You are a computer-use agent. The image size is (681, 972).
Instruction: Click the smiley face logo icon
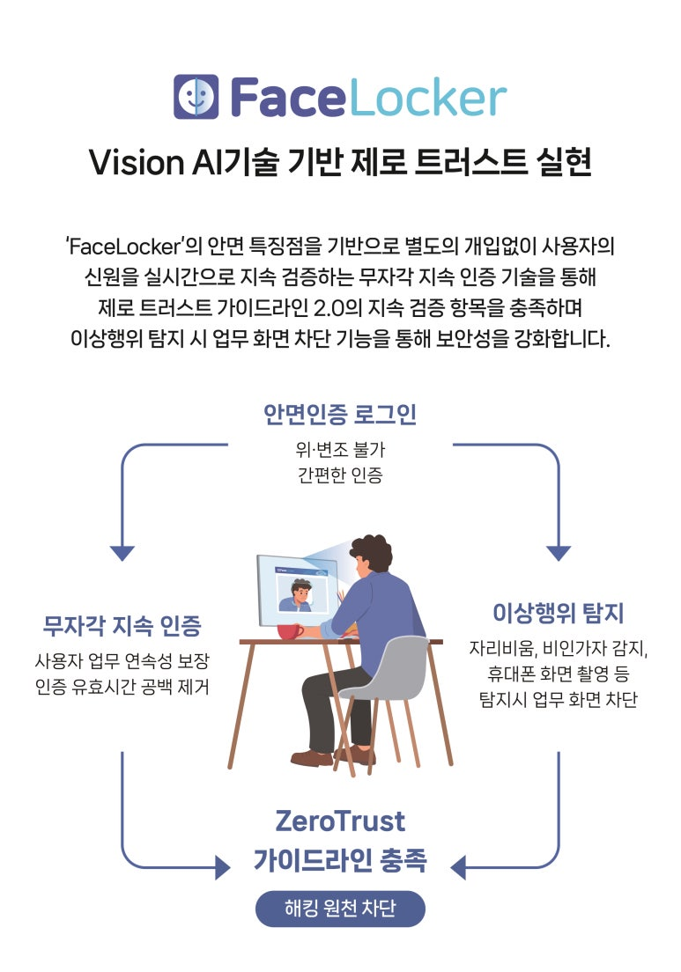[196, 96]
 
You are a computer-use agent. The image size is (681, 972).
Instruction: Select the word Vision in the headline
[137, 162]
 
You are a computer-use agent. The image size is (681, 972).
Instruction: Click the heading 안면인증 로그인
[340, 414]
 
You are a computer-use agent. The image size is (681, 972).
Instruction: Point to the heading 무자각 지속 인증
[122, 625]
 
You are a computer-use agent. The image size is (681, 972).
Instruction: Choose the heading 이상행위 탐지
[559, 613]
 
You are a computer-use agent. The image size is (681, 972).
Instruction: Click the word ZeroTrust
[340, 821]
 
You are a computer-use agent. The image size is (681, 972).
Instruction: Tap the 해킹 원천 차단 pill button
[340, 909]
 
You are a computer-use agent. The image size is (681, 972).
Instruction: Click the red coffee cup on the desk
[290, 631]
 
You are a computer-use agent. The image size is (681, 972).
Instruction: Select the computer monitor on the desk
[298, 590]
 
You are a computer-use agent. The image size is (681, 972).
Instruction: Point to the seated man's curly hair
[372, 551]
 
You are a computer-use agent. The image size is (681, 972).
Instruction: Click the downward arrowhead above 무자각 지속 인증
[122, 553]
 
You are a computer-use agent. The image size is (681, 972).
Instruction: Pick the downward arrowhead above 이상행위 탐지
[559, 553]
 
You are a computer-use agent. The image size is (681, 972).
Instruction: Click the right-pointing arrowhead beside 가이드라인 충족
[223, 867]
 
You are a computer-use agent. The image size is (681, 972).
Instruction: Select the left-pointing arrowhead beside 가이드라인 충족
[458, 867]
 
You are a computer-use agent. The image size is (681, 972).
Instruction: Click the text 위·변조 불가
[340, 449]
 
